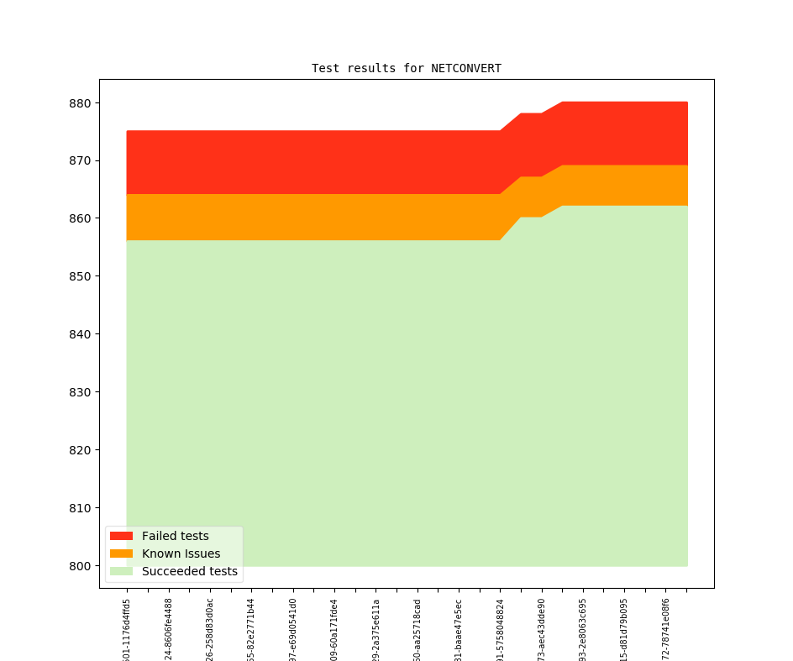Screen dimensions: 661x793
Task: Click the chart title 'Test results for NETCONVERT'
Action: (406, 68)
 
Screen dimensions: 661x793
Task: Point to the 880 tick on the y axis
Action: (84, 103)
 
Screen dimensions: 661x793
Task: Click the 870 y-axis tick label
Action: (84, 160)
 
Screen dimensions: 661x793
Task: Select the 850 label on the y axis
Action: (84, 276)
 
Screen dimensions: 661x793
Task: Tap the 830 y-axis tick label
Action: (84, 392)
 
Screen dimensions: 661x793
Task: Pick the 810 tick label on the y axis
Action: (84, 508)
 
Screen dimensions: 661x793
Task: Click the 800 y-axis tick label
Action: (84, 566)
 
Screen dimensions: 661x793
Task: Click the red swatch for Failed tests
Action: (121, 536)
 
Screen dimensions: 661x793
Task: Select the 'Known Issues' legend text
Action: (181, 553)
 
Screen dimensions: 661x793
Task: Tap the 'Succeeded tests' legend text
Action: (189, 571)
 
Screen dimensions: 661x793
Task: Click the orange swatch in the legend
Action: (121, 553)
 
